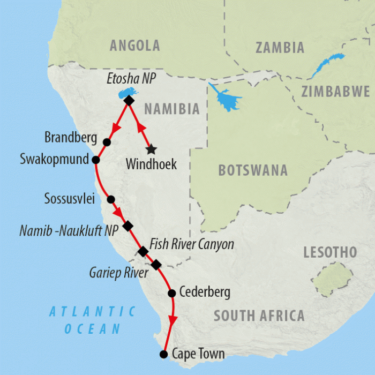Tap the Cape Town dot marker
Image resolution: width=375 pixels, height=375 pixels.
pyautogui.click(x=164, y=354)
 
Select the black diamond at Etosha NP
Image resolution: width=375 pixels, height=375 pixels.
pyautogui.click(x=129, y=100)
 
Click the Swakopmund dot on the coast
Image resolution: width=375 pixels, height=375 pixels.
pyautogui.click(x=96, y=160)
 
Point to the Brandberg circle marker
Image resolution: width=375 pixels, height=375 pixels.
pyautogui.click(x=107, y=142)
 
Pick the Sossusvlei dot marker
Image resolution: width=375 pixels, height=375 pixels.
pyautogui.click(x=111, y=199)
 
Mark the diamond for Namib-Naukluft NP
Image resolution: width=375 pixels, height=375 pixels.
pyautogui.click(x=127, y=226)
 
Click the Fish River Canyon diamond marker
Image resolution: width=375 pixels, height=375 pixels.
pyautogui.click(x=143, y=251)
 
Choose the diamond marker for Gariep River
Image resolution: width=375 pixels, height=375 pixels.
pyautogui.click(x=156, y=265)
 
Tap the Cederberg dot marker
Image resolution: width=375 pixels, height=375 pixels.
pyautogui.click(x=172, y=293)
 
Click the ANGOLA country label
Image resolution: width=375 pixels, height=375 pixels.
pyautogui.click(x=134, y=46)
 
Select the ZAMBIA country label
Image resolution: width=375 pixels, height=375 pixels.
pyautogui.click(x=280, y=48)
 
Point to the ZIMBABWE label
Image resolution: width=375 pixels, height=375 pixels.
pyautogui.click(x=335, y=91)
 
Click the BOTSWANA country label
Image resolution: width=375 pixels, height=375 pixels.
pyautogui.click(x=253, y=171)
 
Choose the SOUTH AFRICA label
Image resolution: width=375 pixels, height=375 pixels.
pyautogui.click(x=259, y=316)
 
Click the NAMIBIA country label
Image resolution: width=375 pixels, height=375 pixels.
pyautogui.click(x=172, y=109)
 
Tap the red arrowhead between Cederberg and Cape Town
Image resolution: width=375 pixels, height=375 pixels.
pyautogui.click(x=172, y=319)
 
